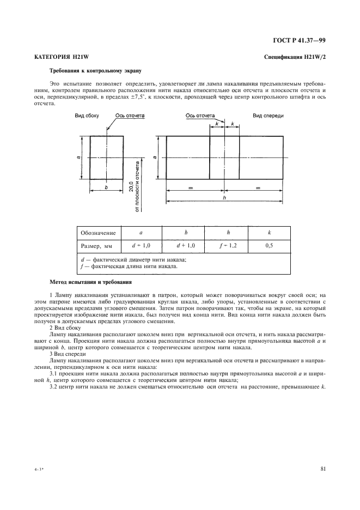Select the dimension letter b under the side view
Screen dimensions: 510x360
[106, 186]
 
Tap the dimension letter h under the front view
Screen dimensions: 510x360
[224, 198]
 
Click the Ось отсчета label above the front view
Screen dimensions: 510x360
[200, 116]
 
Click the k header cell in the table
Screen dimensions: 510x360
[269, 233]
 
